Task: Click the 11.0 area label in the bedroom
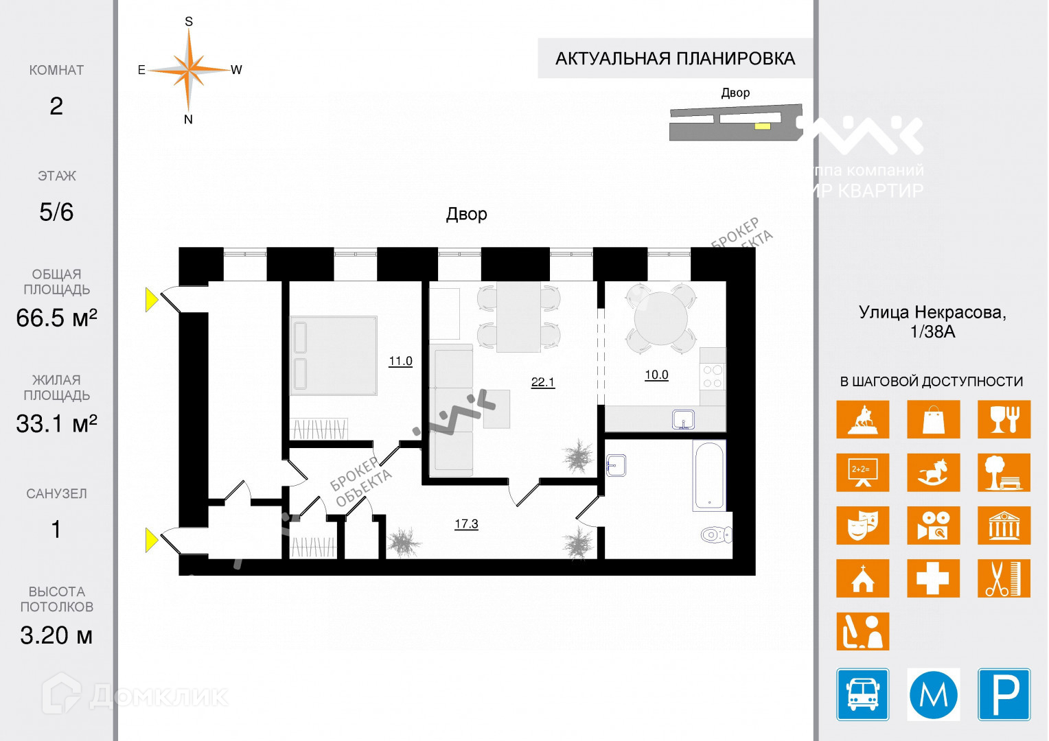point(400,361)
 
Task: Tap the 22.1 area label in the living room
point(542,382)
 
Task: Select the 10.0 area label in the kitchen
point(656,375)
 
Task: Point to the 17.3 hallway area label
point(466,524)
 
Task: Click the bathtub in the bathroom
point(708,475)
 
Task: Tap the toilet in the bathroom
point(716,534)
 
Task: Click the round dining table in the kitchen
point(660,318)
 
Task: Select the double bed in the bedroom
point(334,355)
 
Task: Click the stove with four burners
point(713,376)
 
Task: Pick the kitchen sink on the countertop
point(683,419)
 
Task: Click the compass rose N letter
point(188,119)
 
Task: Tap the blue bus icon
point(862,694)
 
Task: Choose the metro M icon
point(933,694)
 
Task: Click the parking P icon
point(1004,694)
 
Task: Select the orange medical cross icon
point(933,578)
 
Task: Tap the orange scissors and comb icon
point(1004,578)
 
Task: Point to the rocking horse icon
point(933,472)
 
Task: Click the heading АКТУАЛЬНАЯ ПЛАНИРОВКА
point(675,58)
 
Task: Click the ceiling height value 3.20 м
point(56,635)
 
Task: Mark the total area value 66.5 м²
point(56,318)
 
